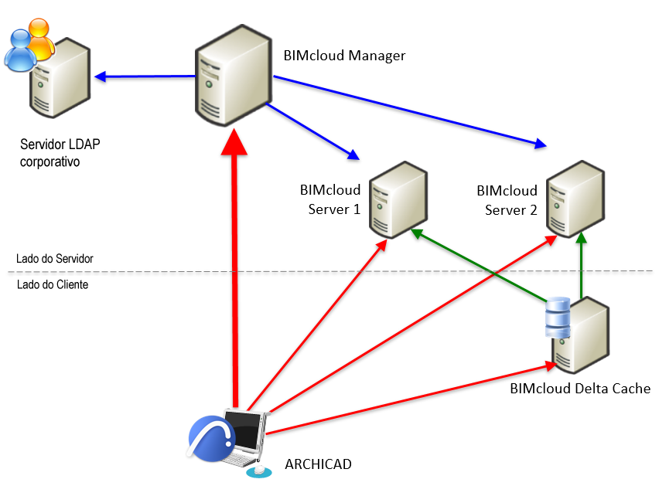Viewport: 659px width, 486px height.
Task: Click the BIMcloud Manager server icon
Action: coord(232,76)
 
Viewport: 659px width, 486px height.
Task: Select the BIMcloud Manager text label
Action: coord(344,56)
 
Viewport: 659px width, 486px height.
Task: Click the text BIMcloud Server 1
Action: coord(331,199)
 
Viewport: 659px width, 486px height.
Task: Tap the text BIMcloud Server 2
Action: coord(507,199)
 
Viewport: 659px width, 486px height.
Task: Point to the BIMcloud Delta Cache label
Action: coord(580,389)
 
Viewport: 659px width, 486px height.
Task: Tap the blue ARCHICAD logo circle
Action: coord(211,440)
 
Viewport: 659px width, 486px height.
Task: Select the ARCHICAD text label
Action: coord(318,464)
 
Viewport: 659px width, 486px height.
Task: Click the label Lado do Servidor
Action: coord(55,259)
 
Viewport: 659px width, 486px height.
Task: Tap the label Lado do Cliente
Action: coord(52,284)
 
